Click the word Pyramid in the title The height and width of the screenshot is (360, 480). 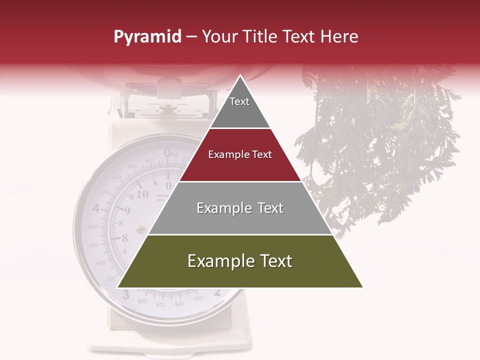pyautogui.click(x=147, y=37)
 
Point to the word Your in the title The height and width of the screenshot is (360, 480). pyautogui.click(x=219, y=37)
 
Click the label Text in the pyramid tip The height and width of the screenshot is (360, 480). pyautogui.click(x=239, y=101)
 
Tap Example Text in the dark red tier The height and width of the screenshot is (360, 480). pyautogui.click(x=240, y=154)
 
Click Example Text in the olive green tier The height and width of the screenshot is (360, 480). pyautogui.click(x=240, y=261)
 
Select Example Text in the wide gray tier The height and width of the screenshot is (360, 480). pyautogui.click(x=240, y=208)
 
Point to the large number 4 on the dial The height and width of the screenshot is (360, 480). pyautogui.click(x=96, y=208)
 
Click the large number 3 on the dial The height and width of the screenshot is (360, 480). pyautogui.click(x=125, y=295)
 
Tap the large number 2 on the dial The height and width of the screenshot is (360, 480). pyautogui.click(x=217, y=293)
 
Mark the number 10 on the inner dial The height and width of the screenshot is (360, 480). pyautogui.click(x=142, y=194)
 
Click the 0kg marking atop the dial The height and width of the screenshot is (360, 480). pyautogui.click(x=170, y=152)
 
